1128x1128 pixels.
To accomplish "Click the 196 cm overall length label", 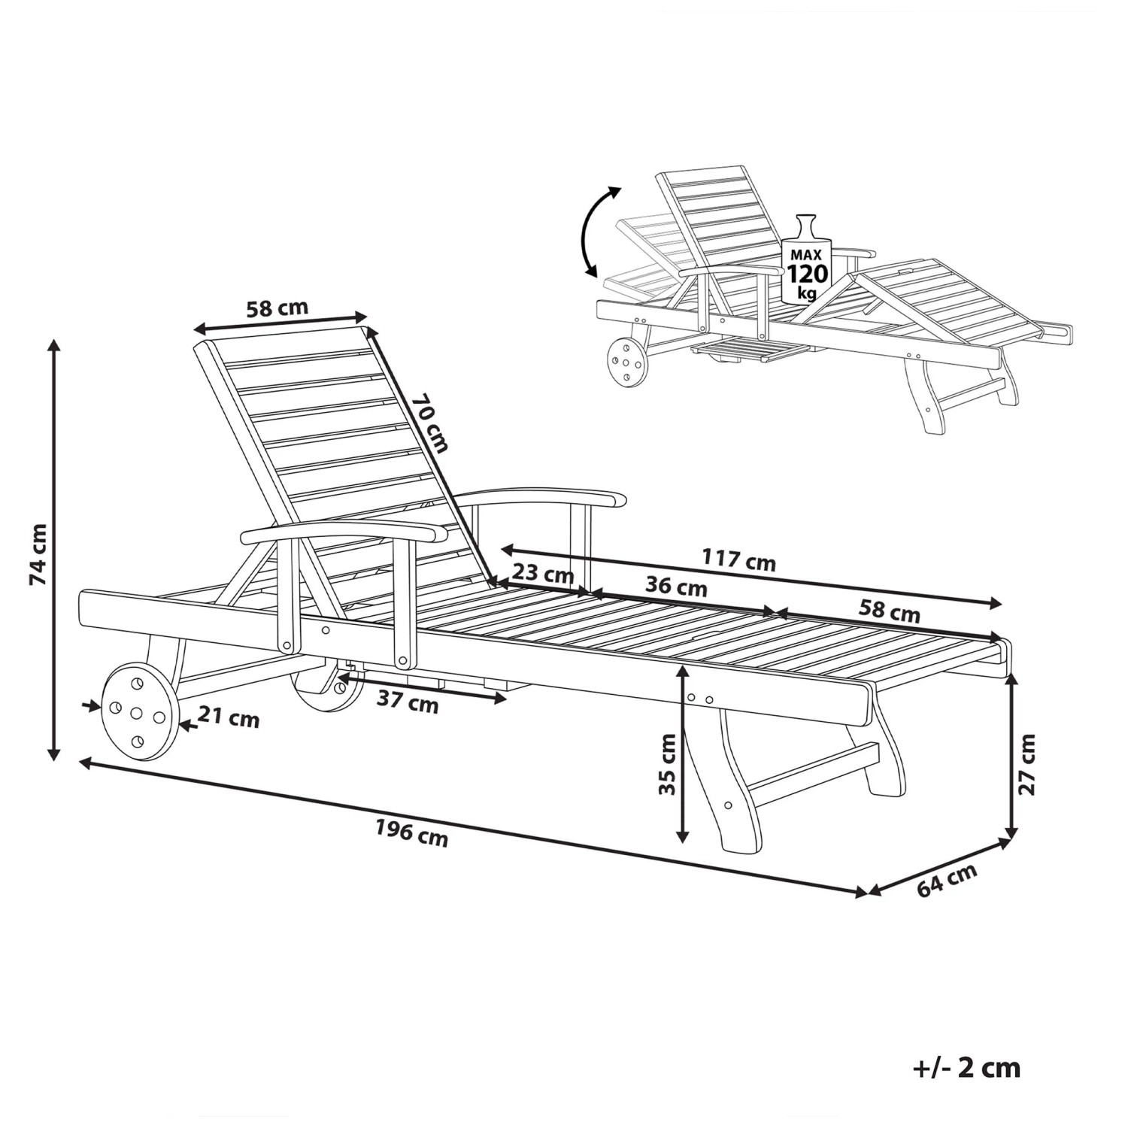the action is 411,833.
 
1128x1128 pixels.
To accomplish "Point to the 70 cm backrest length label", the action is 429,424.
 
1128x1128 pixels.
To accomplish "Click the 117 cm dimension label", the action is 738,559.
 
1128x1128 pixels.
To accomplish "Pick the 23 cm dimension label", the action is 543,575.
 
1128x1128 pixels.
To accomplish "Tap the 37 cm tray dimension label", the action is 407,703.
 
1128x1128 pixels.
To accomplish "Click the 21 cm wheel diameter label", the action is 229,718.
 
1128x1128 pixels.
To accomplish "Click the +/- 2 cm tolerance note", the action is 967,1068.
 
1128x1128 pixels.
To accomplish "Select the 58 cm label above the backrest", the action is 277,308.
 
